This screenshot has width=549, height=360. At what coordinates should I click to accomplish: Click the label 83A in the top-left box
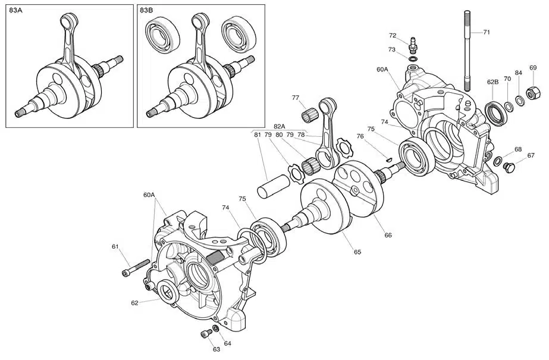[15, 10]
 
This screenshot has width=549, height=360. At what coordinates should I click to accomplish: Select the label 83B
[146, 10]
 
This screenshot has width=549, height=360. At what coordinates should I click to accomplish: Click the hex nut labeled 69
[533, 92]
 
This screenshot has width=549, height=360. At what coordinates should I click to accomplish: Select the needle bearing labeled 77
[309, 110]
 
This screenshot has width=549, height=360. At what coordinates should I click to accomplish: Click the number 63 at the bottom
[217, 349]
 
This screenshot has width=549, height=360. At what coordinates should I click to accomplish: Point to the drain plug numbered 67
[509, 167]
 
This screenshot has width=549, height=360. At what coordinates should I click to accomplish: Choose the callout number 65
[357, 252]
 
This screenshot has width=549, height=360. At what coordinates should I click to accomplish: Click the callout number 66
[388, 235]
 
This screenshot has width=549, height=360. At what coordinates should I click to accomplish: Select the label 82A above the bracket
[280, 126]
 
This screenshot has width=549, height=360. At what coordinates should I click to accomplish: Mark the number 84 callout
[519, 73]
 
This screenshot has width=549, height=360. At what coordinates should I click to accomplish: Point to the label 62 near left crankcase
[136, 303]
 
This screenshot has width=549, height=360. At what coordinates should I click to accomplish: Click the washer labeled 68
[497, 162]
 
